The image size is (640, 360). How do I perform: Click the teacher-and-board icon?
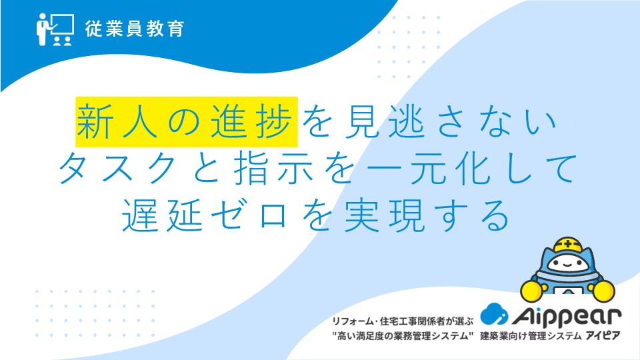pos(55,29)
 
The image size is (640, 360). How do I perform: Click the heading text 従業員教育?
pos(135,29)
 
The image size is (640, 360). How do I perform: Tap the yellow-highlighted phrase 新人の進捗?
pos(187,121)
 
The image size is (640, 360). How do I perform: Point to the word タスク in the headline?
pos(118,168)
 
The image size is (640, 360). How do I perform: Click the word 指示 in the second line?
pos(273,168)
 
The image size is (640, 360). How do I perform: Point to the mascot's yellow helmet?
pos(567,245)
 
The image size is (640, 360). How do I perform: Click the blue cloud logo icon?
pos(494,313)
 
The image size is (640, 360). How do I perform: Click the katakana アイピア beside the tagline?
pos(603,336)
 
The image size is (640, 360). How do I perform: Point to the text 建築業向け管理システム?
pos(531,336)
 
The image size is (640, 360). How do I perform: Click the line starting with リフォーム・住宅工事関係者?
pos(403,321)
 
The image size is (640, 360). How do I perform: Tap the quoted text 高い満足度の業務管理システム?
pos(403,336)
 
